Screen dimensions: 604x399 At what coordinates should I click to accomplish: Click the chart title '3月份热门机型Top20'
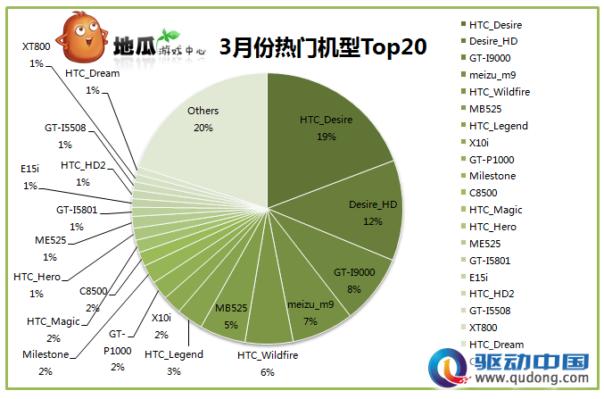point(323,46)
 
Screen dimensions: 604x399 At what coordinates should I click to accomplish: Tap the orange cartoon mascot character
point(82,37)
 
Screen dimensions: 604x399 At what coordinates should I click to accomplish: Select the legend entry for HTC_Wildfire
point(496,92)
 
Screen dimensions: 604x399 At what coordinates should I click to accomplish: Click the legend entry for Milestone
point(488,176)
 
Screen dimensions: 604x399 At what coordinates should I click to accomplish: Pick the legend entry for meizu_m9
point(488,75)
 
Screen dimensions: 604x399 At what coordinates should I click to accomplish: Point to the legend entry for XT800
point(479,328)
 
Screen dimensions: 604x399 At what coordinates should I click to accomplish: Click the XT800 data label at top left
point(37,54)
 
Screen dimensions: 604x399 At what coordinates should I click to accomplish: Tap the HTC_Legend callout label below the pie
point(174,362)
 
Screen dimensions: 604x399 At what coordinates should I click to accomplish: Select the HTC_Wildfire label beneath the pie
point(268,363)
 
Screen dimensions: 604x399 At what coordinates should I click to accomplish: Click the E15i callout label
point(30,177)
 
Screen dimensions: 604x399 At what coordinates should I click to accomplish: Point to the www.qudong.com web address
point(532,377)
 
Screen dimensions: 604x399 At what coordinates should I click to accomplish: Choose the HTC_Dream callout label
point(93,81)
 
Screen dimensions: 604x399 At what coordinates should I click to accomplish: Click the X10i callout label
point(161,326)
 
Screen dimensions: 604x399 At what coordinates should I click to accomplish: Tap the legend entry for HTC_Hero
point(489,227)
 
